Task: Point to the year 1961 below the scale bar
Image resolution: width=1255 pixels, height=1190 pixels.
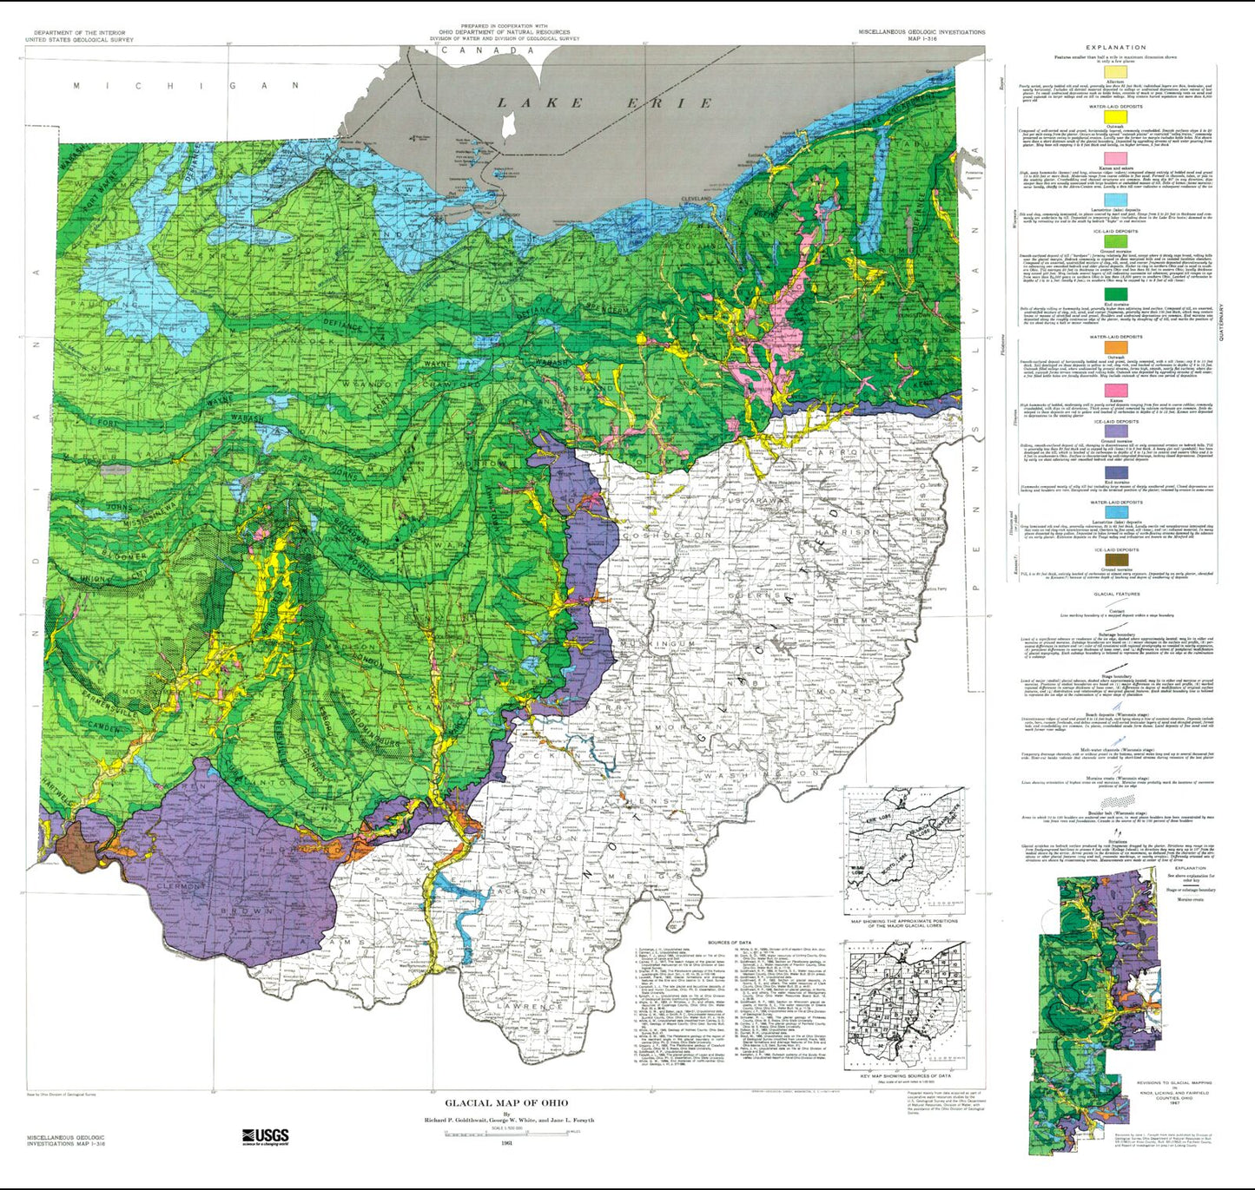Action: [x=506, y=1142]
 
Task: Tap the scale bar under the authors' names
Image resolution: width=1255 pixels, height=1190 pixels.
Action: [x=507, y=1132]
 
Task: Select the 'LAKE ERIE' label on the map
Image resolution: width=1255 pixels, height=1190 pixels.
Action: [x=604, y=103]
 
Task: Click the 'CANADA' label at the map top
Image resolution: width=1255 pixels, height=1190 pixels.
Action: [x=487, y=50]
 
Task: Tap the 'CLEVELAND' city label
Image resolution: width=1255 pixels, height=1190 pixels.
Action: [x=695, y=199]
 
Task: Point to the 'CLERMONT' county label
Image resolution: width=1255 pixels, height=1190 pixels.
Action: [x=181, y=887]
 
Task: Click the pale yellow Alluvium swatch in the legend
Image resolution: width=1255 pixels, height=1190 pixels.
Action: [x=1115, y=73]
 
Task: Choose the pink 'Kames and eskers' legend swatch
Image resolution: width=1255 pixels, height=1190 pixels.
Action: [x=1115, y=158]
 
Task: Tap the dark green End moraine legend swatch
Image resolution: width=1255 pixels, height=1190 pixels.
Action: [x=1115, y=294]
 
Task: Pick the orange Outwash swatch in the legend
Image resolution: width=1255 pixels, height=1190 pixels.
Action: [x=1115, y=347]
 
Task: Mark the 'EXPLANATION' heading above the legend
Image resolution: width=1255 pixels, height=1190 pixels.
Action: [x=1116, y=48]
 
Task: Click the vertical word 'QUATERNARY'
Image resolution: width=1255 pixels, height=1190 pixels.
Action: [x=1222, y=322]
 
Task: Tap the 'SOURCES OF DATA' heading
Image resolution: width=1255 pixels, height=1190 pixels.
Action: [x=730, y=943]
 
